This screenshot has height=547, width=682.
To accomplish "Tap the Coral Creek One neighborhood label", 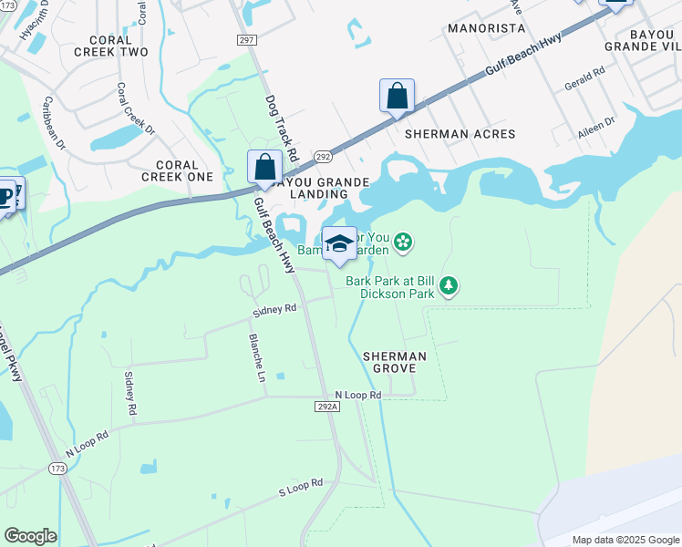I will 177,170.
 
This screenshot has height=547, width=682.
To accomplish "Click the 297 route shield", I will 245,39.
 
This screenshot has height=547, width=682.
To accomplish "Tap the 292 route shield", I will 323,157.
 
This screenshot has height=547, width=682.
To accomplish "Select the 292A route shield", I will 328,406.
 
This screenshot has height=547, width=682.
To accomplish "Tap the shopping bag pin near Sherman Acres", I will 397,96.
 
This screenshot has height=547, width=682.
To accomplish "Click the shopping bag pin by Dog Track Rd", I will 264,167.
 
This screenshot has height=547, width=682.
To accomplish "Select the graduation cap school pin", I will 339,244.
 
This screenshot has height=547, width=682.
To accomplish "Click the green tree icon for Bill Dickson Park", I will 448,286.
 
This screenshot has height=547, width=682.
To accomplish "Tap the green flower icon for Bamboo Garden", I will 403,242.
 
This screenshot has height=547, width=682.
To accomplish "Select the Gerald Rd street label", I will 585,77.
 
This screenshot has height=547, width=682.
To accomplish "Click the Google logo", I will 30,536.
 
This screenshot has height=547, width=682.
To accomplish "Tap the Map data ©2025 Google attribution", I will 625,540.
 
